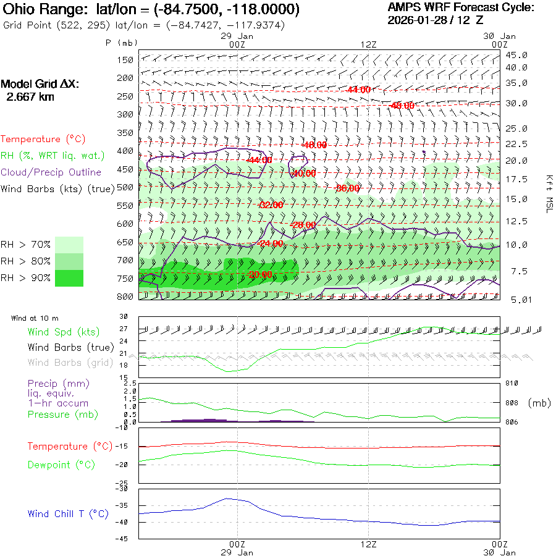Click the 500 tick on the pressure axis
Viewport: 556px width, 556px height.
click(126, 187)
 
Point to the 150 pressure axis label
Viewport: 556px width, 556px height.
click(126, 60)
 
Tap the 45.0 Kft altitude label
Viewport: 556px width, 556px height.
click(516, 55)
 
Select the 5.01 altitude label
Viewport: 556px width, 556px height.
click(516, 300)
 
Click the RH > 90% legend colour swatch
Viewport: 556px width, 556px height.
click(69, 278)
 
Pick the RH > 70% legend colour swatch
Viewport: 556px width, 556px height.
click(69, 245)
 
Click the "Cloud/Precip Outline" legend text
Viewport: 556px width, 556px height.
click(51, 172)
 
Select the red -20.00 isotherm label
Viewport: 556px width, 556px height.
click(260, 274)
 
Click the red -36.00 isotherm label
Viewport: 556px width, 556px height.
click(347, 188)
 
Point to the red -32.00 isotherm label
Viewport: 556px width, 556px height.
click(271, 204)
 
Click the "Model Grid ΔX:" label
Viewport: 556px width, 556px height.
click(40, 84)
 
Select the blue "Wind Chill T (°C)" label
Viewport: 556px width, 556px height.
click(68, 513)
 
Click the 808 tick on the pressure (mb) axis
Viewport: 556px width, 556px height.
click(507, 403)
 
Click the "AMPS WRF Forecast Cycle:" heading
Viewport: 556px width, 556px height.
click(460, 7)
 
